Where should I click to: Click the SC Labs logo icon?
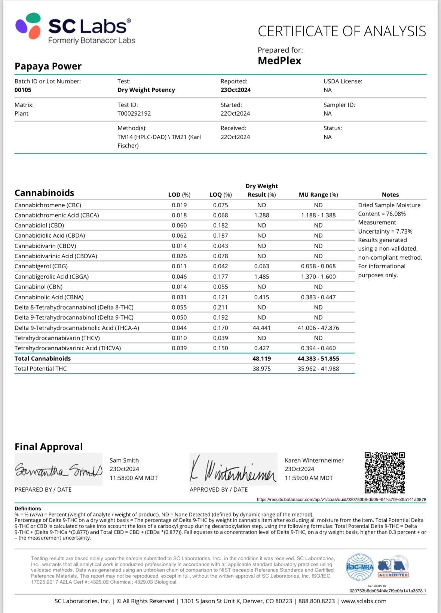tap(28, 26)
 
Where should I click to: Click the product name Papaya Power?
tap(48, 66)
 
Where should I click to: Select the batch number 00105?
tap(23, 90)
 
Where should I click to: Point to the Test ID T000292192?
tap(134, 113)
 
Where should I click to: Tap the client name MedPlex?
tap(279, 61)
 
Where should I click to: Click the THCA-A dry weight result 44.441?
tap(261, 328)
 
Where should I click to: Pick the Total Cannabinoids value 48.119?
tap(261, 359)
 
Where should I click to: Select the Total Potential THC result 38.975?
tap(261, 369)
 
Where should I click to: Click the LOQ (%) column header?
tap(220, 195)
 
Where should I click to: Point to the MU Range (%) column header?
tap(318, 195)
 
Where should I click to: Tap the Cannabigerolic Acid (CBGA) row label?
tap(52, 277)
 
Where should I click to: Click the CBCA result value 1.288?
tap(261, 215)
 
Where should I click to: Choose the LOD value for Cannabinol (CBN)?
tap(179, 287)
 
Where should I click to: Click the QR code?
tap(385, 473)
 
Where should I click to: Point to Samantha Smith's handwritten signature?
tap(58, 470)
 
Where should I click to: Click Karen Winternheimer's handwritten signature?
tap(233, 470)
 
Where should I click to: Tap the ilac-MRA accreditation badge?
tap(360, 567)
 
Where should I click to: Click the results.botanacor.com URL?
tap(341, 500)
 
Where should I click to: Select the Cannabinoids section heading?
tap(44, 193)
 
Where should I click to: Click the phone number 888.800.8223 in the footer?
tap(316, 601)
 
